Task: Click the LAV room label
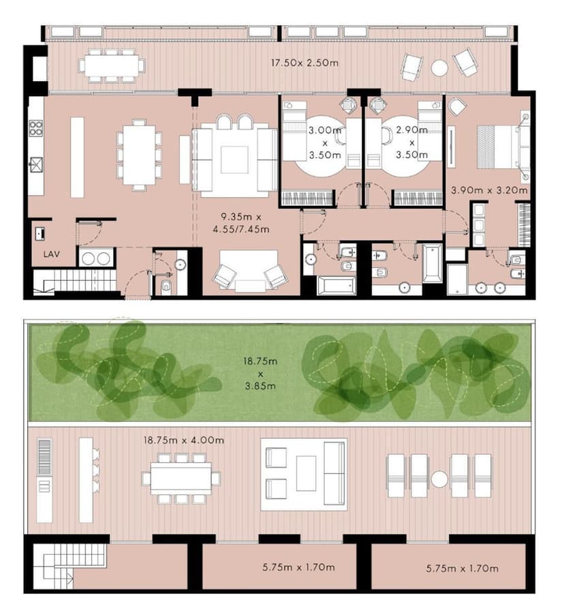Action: click(x=51, y=254)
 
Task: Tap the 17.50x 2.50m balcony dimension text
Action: click(x=304, y=63)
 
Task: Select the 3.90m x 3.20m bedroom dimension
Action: click(x=489, y=190)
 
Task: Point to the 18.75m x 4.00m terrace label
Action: click(x=183, y=440)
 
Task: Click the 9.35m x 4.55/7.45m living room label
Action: click(x=241, y=223)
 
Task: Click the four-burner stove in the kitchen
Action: click(x=35, y=128)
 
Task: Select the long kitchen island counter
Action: click(x=77, y=157)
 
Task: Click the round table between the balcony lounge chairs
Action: click(x=439, y=68)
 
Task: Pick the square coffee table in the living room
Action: click(x=234, y=159)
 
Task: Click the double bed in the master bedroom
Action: click(x=499, y=147)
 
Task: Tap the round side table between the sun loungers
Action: click(x=439, y=479)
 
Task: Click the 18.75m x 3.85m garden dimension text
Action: click(x=260, y=373)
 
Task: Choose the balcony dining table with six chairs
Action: click(x=112, y=65)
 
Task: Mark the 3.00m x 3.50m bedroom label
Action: click(x=325, y=142)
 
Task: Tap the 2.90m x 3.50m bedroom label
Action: click(x=411, y=142)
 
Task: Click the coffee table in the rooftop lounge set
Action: click(x=306, y=474)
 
